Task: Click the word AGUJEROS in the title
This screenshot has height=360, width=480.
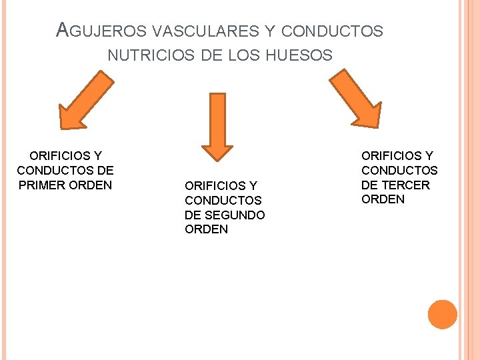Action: [x=102, y=30]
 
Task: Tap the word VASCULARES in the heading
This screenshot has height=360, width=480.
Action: [x=193, y=31]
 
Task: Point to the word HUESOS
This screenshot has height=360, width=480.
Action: [x=298, y=55]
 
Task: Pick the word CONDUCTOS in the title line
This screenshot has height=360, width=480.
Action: [x=332, y=31]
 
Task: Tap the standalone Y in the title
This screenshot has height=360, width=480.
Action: [x=270, y=31]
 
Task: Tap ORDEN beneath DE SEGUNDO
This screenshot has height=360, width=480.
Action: [x=206, y=229]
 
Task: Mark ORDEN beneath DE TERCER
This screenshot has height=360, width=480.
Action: [x=383, y=199]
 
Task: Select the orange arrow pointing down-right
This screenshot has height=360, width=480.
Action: [x=355, y=100]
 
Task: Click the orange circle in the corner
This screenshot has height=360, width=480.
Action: [x=442, y=315]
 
